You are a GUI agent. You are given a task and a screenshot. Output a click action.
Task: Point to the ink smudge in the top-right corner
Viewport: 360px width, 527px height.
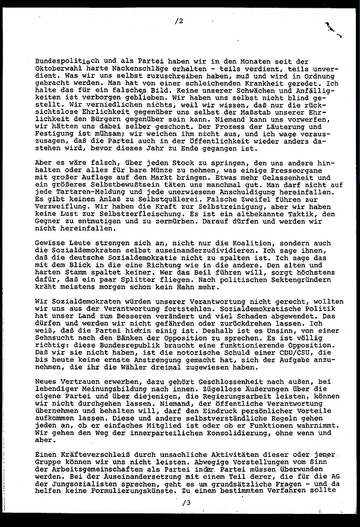pos(330,25)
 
